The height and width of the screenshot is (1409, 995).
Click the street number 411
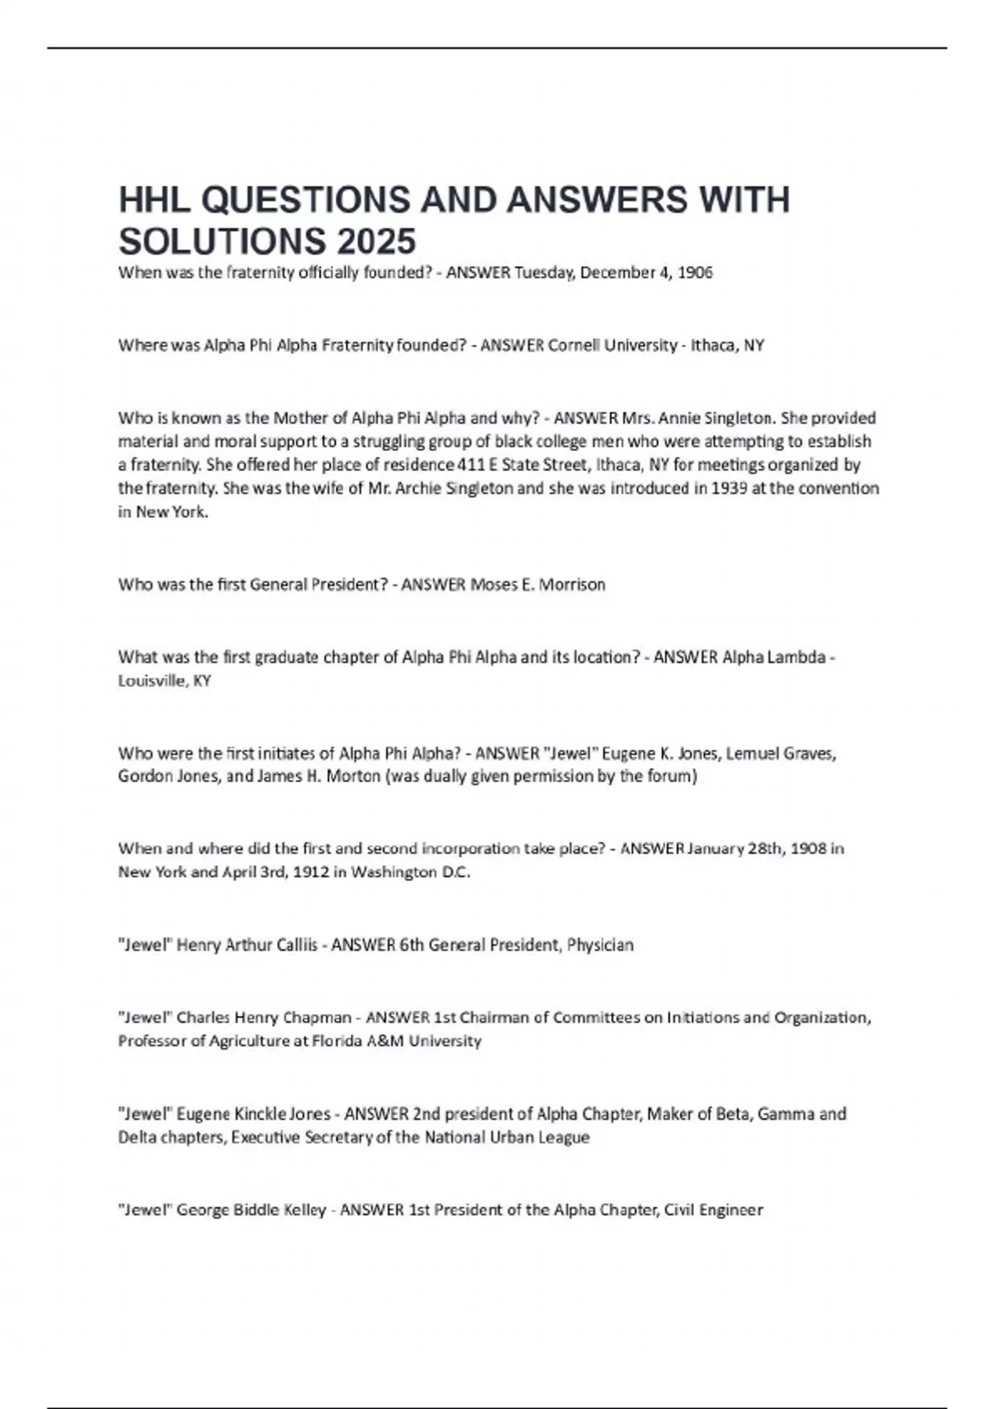tap(473, 465)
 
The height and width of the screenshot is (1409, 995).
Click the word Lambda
tap(795, 657)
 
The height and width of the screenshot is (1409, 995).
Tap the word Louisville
tap(152, 680)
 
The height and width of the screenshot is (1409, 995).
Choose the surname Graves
tap(805, 753)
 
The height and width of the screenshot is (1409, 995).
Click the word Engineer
tap(729, 1210)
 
